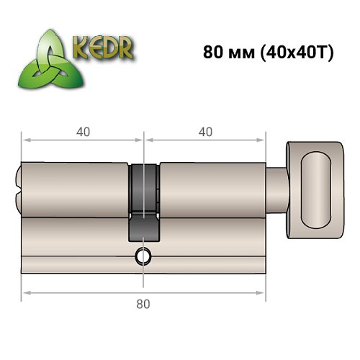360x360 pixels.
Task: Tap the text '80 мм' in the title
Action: click(x=227, y=54)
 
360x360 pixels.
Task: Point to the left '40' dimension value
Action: click(x=83, y=132)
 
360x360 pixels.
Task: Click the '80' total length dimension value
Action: click(x=143, y=305)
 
